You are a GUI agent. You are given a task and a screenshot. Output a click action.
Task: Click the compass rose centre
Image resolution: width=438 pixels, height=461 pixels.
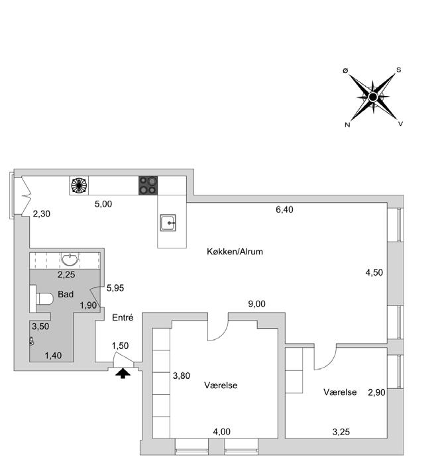372,97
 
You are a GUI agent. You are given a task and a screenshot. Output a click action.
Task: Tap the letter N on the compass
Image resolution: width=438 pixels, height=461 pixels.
347,125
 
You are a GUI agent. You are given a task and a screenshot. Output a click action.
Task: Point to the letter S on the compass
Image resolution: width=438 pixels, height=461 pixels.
398,70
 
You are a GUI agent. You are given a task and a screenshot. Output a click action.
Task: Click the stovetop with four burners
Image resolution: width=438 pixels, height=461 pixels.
148,185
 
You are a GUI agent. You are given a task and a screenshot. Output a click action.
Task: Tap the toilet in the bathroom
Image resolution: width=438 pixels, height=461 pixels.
43,299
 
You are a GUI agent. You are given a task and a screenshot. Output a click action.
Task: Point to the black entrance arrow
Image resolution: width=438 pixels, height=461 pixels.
123,374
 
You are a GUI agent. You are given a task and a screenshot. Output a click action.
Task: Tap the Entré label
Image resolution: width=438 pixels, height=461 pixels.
123,318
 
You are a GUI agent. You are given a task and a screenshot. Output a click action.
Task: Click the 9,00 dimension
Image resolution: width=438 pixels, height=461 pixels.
256,304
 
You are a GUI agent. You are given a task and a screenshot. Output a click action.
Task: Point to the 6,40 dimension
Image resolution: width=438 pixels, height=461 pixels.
284,209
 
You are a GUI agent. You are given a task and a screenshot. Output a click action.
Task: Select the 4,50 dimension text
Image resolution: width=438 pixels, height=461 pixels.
374,272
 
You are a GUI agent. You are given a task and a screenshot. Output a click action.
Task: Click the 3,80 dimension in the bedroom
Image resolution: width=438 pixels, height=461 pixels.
182,376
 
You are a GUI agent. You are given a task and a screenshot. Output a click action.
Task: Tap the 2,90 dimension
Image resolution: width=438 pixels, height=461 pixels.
377,392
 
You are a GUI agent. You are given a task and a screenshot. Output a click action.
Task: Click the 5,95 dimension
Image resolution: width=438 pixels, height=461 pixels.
115,288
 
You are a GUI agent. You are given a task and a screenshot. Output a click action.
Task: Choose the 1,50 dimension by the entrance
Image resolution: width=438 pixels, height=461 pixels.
120,345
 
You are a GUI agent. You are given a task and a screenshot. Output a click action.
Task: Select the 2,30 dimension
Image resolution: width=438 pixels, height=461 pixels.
41,213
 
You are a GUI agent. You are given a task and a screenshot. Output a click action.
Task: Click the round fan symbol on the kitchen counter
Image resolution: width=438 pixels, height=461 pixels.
80,185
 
